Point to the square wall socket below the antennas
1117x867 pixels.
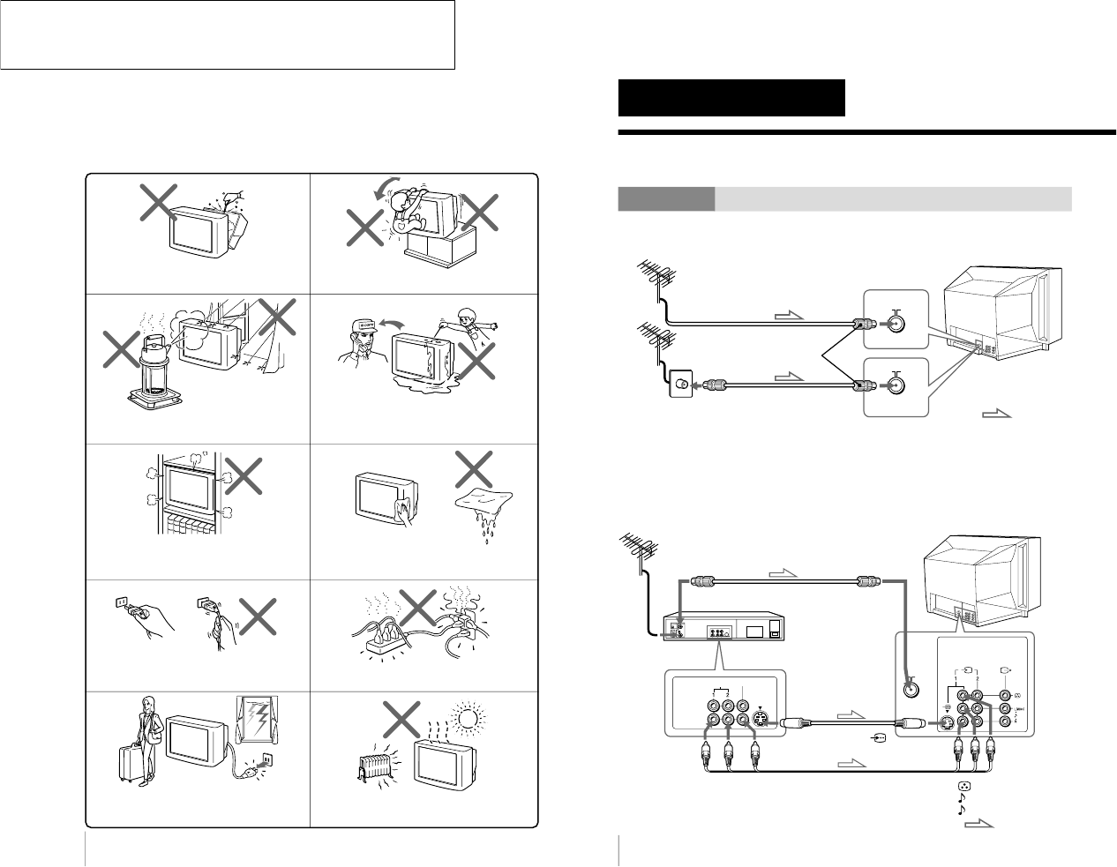pyautogui.click(x=681, y=385)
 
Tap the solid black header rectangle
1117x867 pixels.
pyautogui.click(x=731, y=98)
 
